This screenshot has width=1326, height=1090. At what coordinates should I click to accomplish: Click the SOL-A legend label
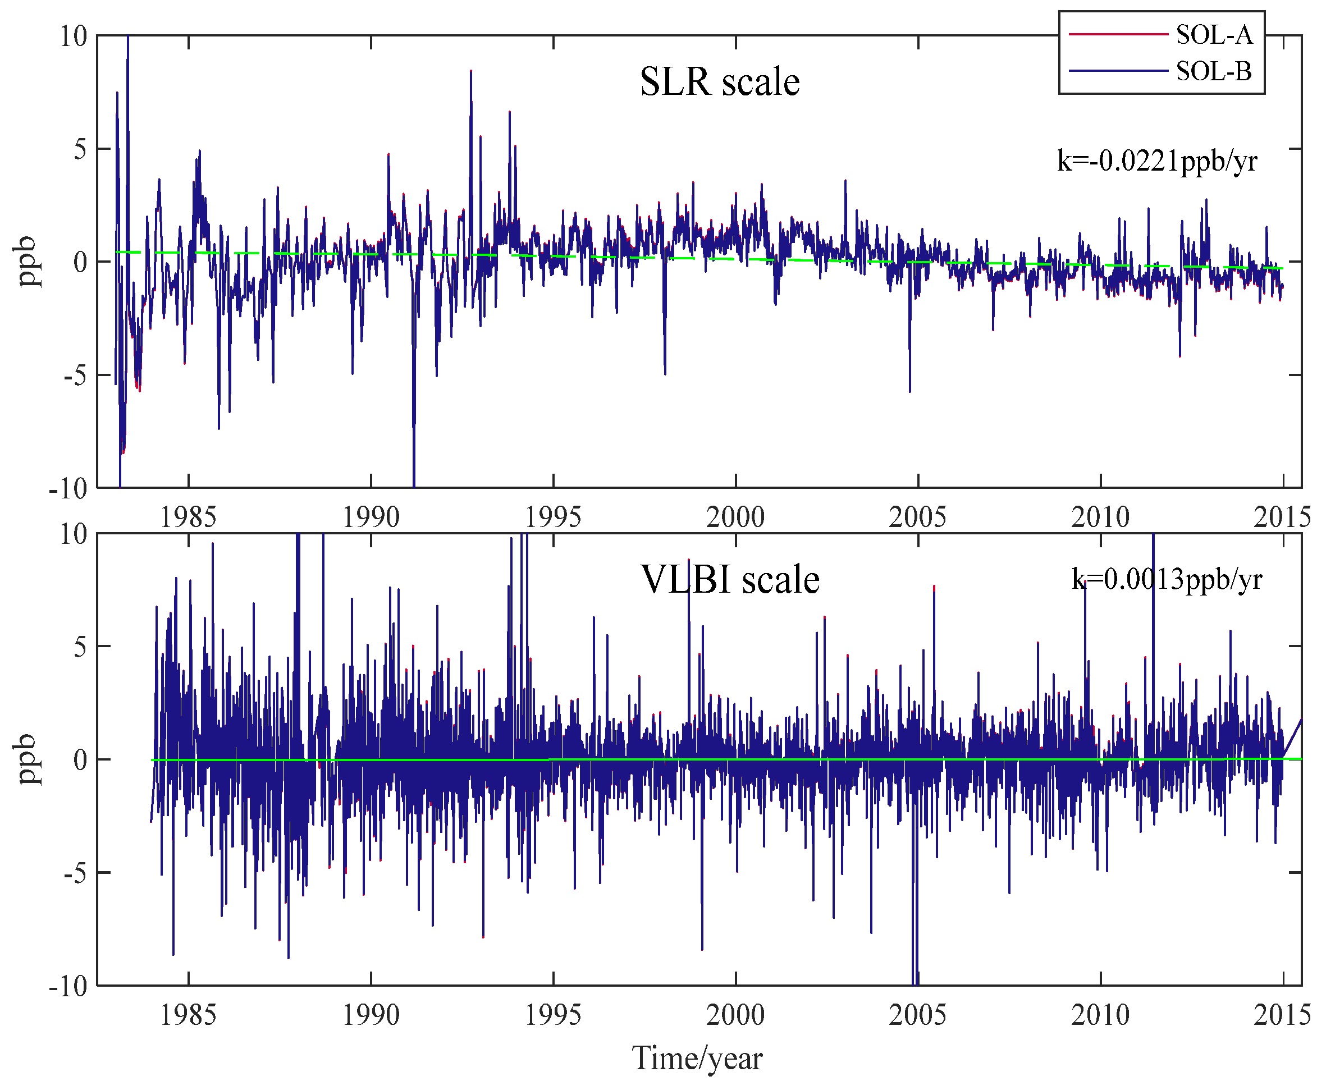coord(1214,35)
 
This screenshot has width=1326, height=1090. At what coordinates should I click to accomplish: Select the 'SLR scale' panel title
coord(720,83)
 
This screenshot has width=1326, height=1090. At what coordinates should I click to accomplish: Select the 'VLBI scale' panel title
coord(730,580)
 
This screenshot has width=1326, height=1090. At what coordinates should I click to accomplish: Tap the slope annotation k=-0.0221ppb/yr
coord(1157,161)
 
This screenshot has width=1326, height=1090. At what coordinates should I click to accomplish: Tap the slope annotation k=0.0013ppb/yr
coord(1167,579)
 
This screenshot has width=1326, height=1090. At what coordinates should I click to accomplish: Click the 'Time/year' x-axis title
coord(697,1058)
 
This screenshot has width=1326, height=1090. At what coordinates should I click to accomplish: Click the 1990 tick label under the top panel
coord(371,517)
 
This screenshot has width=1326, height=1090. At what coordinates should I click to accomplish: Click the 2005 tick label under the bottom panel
coord(917,1015)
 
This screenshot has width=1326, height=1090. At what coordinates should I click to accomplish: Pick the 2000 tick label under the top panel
coord(735,517)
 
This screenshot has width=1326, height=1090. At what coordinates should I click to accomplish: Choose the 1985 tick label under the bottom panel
coord(188,1015)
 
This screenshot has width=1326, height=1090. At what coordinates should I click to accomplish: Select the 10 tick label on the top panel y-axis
coord(73,36)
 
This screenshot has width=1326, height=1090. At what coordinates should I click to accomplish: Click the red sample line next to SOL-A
coord(1117,35)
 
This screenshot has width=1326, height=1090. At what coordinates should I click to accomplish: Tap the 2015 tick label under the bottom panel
coord(1282,1015)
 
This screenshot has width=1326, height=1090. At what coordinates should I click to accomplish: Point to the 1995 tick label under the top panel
coord(552,517)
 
